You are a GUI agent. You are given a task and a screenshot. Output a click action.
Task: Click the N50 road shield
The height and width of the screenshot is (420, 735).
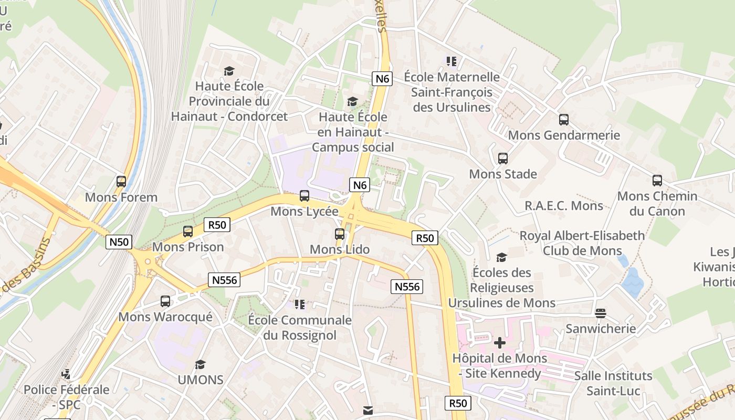[119, 242]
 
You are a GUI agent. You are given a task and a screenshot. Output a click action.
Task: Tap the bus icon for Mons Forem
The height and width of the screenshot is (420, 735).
[121, 182]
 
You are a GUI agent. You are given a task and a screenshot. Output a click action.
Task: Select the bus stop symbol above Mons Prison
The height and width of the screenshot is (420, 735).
[188, 231]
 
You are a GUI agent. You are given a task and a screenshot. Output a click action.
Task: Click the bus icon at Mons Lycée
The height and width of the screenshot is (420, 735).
[304, 196]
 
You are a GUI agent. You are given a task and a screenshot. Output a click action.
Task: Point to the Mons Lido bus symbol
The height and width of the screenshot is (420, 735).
[340, 234]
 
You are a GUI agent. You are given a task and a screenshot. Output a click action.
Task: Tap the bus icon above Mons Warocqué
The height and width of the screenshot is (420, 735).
[165, 301]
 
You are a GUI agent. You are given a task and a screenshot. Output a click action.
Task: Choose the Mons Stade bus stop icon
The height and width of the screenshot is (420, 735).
[503, 158]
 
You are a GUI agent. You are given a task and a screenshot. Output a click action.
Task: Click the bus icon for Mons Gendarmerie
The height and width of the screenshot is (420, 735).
[564, 119]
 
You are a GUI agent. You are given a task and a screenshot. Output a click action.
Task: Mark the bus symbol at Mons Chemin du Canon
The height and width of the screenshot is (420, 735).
[657, 181]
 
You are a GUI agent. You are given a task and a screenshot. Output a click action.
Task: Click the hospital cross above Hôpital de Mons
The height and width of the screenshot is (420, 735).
[500, 343]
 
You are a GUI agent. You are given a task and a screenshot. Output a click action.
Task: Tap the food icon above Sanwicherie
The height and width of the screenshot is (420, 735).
[601, 313]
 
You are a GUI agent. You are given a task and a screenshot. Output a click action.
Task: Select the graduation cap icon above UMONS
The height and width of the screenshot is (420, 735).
[200, 364]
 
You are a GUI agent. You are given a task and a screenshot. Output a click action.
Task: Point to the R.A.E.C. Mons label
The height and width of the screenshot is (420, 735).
[564, 205]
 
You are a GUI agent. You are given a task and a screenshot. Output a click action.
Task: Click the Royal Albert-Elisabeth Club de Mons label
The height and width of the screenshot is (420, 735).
[582, 243]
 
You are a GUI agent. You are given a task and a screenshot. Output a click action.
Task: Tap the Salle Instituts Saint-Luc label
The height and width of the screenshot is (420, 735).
[613, 383]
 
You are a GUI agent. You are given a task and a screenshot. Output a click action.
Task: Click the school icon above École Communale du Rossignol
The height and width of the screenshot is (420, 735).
[300, 304]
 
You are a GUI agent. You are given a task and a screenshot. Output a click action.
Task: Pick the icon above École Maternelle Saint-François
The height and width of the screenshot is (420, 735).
[451, 61]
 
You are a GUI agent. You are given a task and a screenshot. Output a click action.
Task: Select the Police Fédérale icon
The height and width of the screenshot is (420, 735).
[66, 374]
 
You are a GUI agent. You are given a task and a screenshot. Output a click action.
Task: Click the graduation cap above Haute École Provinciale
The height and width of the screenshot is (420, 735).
[229, 71]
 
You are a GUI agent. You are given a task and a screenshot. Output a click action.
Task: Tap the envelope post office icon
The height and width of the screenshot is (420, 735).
[368, 411]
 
